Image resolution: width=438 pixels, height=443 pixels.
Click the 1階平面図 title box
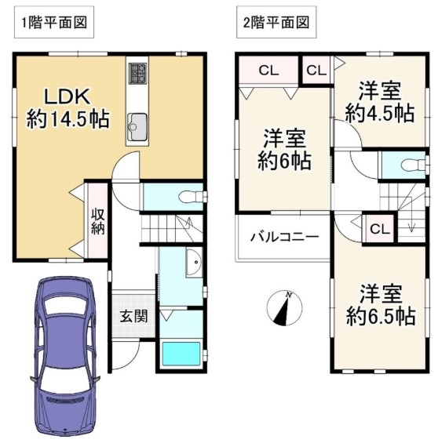pos(54,23)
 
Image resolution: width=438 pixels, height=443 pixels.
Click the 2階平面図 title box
pos(276,23)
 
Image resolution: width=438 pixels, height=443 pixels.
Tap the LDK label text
pos(67,96)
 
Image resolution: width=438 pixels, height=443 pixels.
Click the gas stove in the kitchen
pos(137,74)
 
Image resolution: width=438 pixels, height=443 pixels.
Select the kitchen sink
pos(137,127)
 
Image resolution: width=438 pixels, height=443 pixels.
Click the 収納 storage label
pos(97,221)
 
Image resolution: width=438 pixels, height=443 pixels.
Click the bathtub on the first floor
pos(181,354)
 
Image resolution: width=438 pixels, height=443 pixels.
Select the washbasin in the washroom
pos(194,262)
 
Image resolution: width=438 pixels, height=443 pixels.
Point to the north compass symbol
pos(284,307)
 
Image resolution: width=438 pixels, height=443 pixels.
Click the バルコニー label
pos(285,236)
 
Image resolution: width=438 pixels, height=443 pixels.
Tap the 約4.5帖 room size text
pos(380,113)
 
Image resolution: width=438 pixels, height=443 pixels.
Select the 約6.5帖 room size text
pos(381,316)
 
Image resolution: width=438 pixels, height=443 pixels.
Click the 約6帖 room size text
pos(284,161)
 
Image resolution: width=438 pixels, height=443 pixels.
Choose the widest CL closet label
pos(268,71)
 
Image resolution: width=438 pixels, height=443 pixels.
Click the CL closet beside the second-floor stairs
pos(380,229)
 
